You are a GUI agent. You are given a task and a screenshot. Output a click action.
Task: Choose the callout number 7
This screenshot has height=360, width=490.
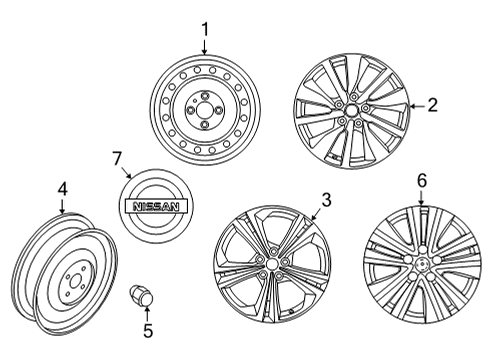(117, 157)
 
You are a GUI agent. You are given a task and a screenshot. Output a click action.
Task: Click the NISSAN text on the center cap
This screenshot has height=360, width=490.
(152, 206)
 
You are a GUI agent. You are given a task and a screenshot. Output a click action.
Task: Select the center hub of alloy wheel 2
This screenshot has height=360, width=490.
(353, 109)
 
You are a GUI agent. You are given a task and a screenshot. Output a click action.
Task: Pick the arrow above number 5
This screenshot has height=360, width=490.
(149, 311)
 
